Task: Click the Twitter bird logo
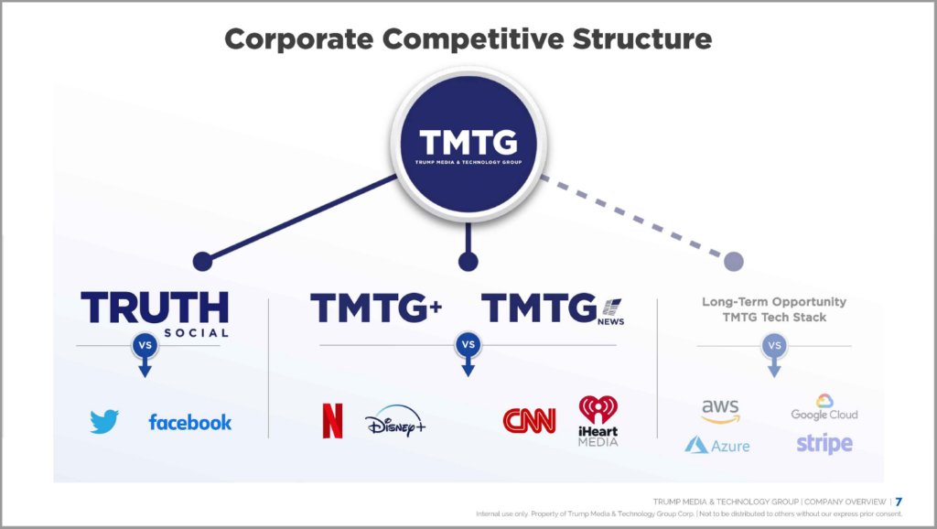(x=104, y=421)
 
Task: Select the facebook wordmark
(x=190, y=423)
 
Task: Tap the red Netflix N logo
(x=333, y=421)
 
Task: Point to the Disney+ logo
(x=395, y=421)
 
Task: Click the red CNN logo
(x=530, y=421)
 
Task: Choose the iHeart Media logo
(x=598, y=421)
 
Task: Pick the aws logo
(x=720, y=411)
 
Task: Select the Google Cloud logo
(x=824, y=407)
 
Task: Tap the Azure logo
(x=717, y=446)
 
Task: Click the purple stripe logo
(x=824, y=444)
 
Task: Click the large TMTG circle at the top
(x=468, y=144)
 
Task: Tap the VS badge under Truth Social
(x=145, y=345)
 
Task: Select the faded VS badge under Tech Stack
(x=774, y=345)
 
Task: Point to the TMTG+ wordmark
(x=376, y=308)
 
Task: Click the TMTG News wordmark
(x=553, y=308)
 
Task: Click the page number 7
(x=899, y=502)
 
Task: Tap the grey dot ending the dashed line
(x=734, y=261)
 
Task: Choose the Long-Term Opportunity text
(x=774, y=302)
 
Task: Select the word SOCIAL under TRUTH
(x=197, y=333)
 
